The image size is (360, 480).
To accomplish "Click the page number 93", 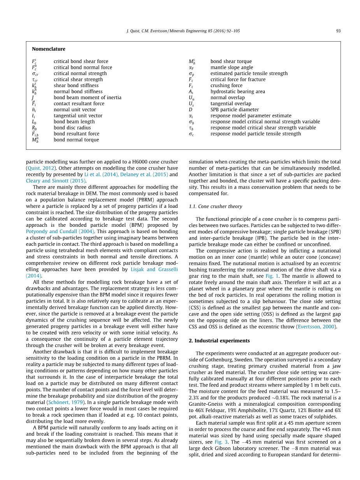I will coord(338,31).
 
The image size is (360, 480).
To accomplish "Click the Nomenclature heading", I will coord(49,49).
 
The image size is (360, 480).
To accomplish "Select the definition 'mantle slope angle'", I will coord(232,67).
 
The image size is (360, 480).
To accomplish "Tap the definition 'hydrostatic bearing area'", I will coord(237,91).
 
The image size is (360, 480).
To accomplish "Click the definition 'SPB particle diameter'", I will coord(234,110).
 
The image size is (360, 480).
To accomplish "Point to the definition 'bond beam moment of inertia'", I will coord(87,98).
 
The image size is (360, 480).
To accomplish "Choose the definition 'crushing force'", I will coord(226,86).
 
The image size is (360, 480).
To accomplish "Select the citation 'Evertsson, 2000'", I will coord(316,327).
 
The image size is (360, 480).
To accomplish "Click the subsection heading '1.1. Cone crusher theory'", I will coord(215,207).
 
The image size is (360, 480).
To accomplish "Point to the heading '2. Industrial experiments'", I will coord(219,341).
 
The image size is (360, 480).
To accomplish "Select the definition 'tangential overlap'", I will coord(231,103).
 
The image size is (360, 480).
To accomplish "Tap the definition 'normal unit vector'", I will coord(75,110).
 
